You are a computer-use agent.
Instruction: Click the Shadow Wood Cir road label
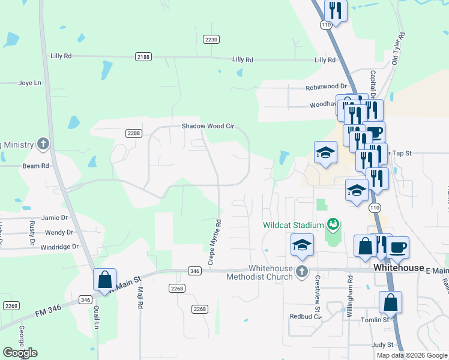coord(207,127)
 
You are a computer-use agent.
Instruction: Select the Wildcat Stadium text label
coord(293,225)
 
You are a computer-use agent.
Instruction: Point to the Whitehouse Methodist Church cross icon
coord(302,272)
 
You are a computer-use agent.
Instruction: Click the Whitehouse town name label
coord(398,268)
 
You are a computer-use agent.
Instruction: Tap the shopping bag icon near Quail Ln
coord(104,280)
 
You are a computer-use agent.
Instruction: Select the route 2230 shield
coord(211,39)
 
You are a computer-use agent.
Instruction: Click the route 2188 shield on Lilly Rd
coord(143,56)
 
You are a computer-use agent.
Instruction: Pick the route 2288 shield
coord(133,133)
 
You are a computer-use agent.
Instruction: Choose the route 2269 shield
coord(11,305)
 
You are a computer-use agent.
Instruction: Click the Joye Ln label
coord(30,83)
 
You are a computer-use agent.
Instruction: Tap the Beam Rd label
coord(35,166)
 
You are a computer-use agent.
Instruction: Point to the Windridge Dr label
coord(59,247)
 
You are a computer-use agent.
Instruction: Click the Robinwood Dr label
coord(327,86)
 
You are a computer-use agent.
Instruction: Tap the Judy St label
coord(382,345)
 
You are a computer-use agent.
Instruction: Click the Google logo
coord(20,353)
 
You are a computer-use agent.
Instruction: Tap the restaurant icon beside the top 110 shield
coord(335,10)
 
